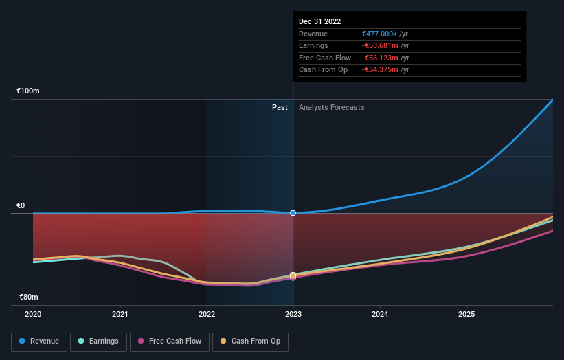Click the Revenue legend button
pos(40,341)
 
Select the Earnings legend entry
pos(98,341)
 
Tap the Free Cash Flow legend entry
pos(170,341)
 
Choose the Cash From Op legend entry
pos(251,341)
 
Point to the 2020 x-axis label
pos(33,315)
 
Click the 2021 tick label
pos(120,315)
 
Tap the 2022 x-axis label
pos(207,315)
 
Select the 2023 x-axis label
pos(293,315)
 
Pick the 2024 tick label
pos(380,315)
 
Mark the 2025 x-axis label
pos(466,315)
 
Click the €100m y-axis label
pos(28,91)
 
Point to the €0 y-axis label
pos(21,205)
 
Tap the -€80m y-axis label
pos(27,297)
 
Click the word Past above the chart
pos(280,107)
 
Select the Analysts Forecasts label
pos(331,107)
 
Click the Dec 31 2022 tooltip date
pos(319,22)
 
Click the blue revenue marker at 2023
pos(293,213)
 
